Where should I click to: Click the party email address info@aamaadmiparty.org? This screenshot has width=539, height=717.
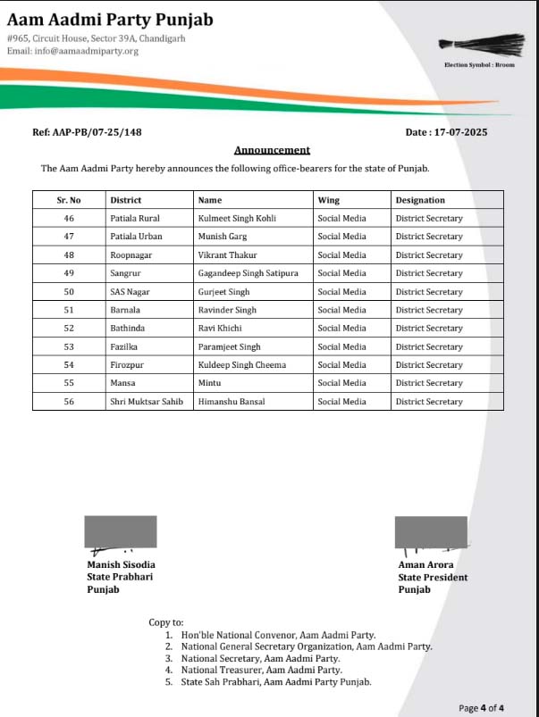coord(72,51)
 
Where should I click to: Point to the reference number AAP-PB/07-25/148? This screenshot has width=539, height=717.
coord(87,132)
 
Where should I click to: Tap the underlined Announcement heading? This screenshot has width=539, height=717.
coord(272,150)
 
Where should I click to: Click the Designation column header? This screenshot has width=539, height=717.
coord(419,200)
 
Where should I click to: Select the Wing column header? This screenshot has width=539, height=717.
coord(328,200)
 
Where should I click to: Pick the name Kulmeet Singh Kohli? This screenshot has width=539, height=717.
coord(237,218)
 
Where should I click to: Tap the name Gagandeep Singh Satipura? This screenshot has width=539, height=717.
coord(248,273)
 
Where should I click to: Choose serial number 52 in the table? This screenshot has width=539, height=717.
coord(69,329)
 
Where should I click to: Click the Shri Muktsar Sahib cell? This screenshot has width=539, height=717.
coord(146,402)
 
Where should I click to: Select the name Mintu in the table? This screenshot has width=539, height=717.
coord(209,383)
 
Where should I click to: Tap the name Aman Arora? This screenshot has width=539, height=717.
coord(425,564)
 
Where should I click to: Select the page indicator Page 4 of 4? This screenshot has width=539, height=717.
coord(481,708)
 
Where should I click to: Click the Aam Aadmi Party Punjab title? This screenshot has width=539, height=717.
coord(110,20)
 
